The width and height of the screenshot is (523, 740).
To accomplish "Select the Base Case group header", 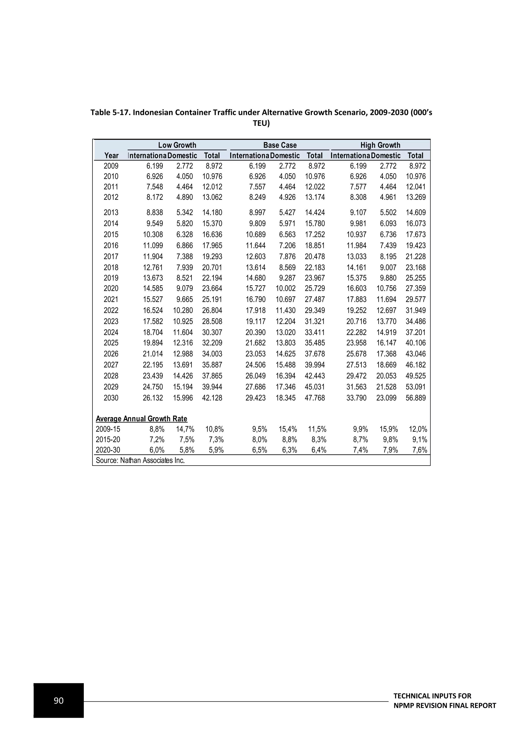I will pyautogui.click(x=280, y=145).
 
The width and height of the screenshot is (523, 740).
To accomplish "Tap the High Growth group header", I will pyautogui.click(x=380, y=145).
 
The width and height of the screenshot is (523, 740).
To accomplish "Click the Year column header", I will pyautogui.click(x=111, y=156).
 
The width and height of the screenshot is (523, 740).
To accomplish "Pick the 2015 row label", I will pyautogui.click(x=111, y=235).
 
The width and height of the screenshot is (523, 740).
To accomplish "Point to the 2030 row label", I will pyautogui.click(x=111, y=398).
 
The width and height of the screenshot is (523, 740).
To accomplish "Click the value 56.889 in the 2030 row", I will pyautogui.click(x=415, y=398).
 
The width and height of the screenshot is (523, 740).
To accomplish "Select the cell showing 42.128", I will pyautogui.click(x=212, y=398).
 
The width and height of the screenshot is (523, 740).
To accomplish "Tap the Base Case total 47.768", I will pyautogui.click(x=315, y=398).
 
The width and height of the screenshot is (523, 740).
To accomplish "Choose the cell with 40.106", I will pyautogui.click(x=415, y=343).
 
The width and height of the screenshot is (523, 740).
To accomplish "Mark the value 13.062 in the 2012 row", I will pyautogui.click(x=212, y=197).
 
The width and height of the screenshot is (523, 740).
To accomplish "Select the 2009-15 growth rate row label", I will pyautogui.click(x=108, y=429).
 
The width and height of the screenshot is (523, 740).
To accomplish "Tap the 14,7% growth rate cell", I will pyautogui.click(x=185, y=429).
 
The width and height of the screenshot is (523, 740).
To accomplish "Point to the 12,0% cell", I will pyautogui.click(x=418, y=429).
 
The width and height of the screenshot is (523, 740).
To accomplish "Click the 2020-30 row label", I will pyautogui.click(x=108, y=450).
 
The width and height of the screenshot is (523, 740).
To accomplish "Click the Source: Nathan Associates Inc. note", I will pyautogui.click(x=140, y=460).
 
